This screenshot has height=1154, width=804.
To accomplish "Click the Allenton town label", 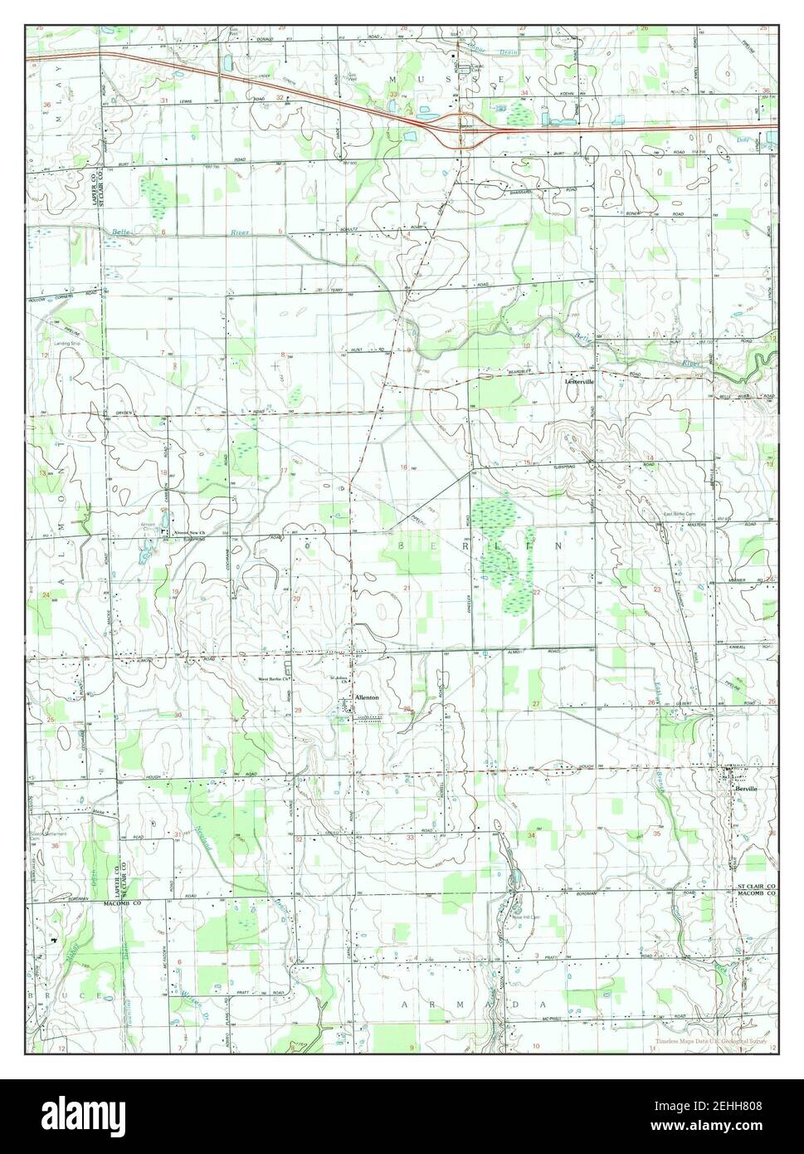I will point(367,698).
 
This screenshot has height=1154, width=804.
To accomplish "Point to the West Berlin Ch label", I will point(275,679).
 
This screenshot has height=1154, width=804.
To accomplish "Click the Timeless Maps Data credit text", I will point(709,1041).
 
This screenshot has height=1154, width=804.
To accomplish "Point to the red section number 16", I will point(404,467).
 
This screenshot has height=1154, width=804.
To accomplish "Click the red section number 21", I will point(407,589).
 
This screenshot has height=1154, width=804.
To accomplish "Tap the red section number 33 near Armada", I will point(410,838).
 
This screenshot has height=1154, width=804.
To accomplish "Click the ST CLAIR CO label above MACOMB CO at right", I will point(756,888).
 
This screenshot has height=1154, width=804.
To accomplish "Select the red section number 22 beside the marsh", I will point(538,592).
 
